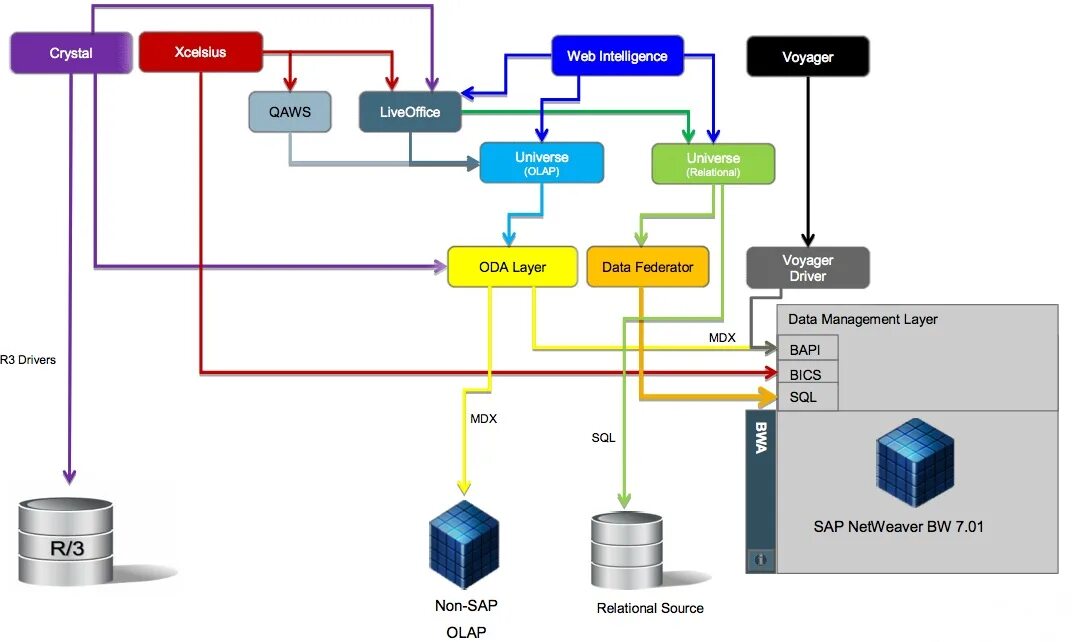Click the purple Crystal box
click(x=71, y=53)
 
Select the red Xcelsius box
click(x=200, y=52)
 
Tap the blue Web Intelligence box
click(x=617, y=56)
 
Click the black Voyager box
click(x=807, y=57)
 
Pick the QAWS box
click(x=289, y=112)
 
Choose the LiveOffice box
click(x=410, y=112)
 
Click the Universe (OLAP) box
click(x=541, y=163)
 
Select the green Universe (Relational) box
click(x=713, y=164)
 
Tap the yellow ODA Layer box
click(x=512, y=267)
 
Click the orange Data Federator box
click(x=648, y=267)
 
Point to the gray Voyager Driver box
click(x=807, y=267)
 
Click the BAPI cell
click(x=806, y=349)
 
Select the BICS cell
click(x=806, y=373)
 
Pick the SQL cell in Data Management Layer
click(x=806, y=397)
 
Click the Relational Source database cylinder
click(x=626, y=551)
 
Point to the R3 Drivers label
click(x=28, y=360)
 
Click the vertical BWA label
click(x=760, y=438)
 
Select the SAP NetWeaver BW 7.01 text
click(x=898, y=526)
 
